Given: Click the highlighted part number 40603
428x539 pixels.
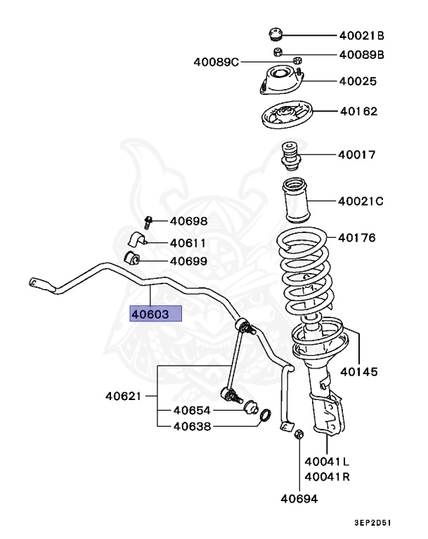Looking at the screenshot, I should pos(150,314).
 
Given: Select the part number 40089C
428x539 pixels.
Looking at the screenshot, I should pos(216,62).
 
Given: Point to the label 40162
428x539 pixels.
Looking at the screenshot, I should pos(359,111).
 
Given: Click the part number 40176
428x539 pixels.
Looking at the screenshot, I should pos(356,238).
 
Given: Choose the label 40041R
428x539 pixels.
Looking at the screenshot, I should pos(327,477).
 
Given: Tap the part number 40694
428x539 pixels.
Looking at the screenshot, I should pos(299,499).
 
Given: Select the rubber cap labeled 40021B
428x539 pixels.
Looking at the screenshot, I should pos(275,34).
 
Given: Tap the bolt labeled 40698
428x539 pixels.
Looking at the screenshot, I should pos(148,222).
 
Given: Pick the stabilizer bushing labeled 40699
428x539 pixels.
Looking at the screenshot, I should pos(133,259).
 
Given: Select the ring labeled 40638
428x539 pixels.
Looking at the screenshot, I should pos(266,418).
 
